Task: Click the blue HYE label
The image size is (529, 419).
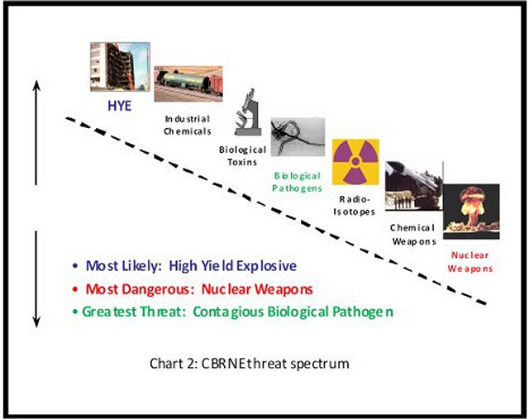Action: point(119,106)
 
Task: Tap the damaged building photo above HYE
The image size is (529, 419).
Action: point(120,67)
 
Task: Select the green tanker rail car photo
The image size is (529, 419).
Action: point(188,83)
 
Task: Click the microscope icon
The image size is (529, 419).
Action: point(248,112)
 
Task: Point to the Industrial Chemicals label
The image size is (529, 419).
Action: point(188,125)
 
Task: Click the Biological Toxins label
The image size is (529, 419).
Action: point(242,155)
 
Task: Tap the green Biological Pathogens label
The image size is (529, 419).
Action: point(297,182)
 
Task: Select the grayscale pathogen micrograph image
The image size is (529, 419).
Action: point(298,136)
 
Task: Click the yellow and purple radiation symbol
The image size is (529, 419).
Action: point(355,162)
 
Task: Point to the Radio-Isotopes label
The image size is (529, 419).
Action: point(355,206)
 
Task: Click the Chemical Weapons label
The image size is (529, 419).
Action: point(413,235)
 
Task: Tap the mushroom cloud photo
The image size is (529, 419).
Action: point(471,212)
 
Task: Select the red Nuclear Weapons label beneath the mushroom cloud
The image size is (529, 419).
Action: point(470,262)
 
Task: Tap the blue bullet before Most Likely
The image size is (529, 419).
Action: point(75,266)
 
